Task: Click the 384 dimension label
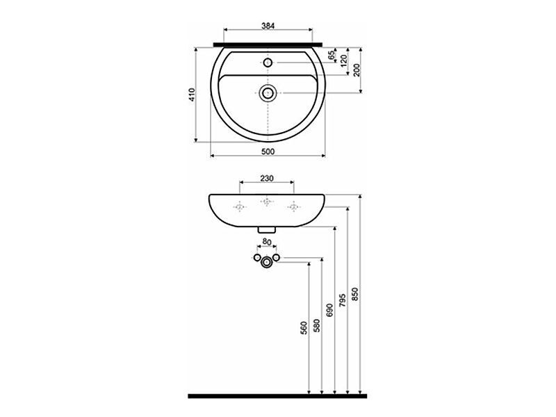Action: tap(268, 26)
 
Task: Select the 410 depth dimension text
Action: tap(193, 95)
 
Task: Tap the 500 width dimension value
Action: tap(268, 152)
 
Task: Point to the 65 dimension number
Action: tap(332, 55)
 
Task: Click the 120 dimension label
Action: tap(343, 62)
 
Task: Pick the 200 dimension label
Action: tap(357, 70)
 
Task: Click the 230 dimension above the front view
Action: tap(267, 179)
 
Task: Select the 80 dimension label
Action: tap(267, 241)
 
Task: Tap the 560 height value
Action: tap(304, 328)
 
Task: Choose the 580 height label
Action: tap(317, 325)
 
